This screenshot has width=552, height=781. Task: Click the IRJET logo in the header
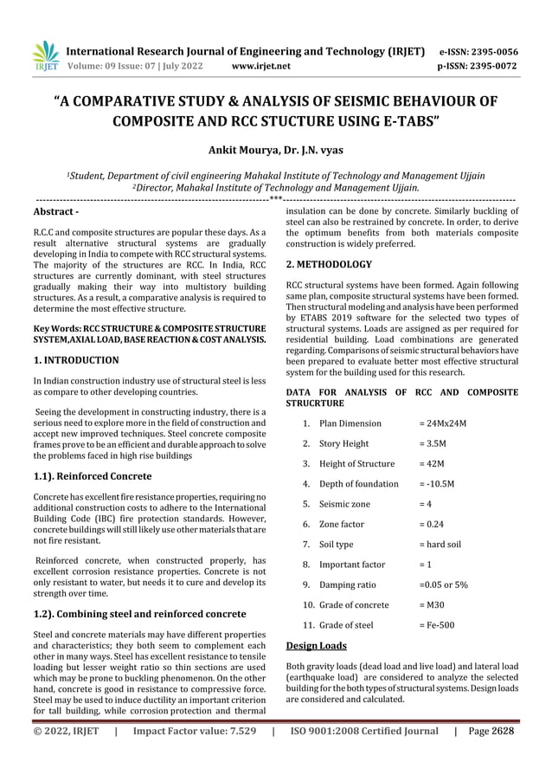tap(45, 55)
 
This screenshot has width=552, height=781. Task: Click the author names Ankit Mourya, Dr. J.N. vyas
tap(275, 148)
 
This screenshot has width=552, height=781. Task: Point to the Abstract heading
tap(55, 211)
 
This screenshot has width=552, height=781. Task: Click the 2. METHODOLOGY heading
tap(329, 263)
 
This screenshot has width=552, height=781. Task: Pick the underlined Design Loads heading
tap(316, 645)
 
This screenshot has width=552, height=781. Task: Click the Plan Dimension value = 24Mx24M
tap(442, 423)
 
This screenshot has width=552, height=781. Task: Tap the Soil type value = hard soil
tap(440, 544)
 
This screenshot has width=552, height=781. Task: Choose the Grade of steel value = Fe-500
tap(436, 624)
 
